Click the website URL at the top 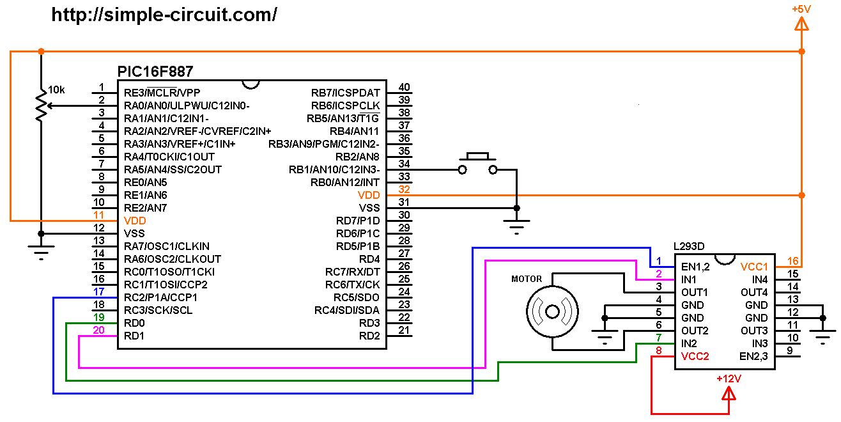tap(164, 15)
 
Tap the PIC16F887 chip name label tap(155, 71)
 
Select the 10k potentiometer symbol tap(41, 106)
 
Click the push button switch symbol tap(477, 164)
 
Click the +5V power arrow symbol tap(801, 24)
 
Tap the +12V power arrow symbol tap(729, 393)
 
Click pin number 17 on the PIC tap(98, 292)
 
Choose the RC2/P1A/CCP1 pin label tap(160, 297)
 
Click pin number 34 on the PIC tap(404, 164)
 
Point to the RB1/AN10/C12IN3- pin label tap(334, 169)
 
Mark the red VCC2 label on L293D tap(695, 356)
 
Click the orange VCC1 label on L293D tap(754, 267)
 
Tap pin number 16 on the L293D tap(792, 261)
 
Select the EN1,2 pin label tap(695, 267)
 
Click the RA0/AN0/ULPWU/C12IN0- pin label tap(187, 105)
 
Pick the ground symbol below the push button tap(516, 224)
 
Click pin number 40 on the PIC tap(404, 88)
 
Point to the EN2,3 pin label tap(753, 356)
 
